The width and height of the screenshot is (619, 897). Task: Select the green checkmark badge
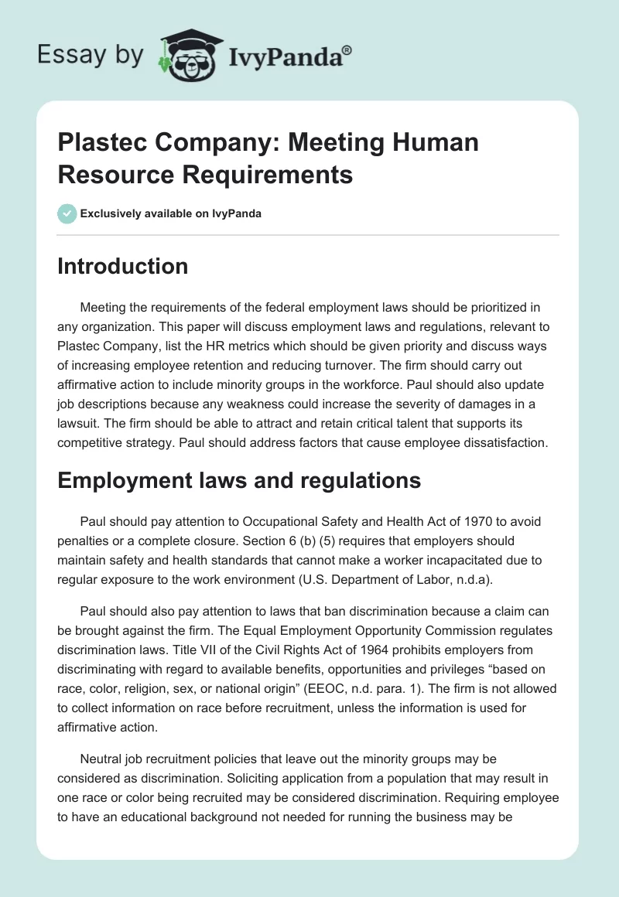tap(67, 213)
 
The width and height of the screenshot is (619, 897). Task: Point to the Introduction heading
tap(122, 266)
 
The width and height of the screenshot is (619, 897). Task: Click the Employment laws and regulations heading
tap(239, 480)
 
